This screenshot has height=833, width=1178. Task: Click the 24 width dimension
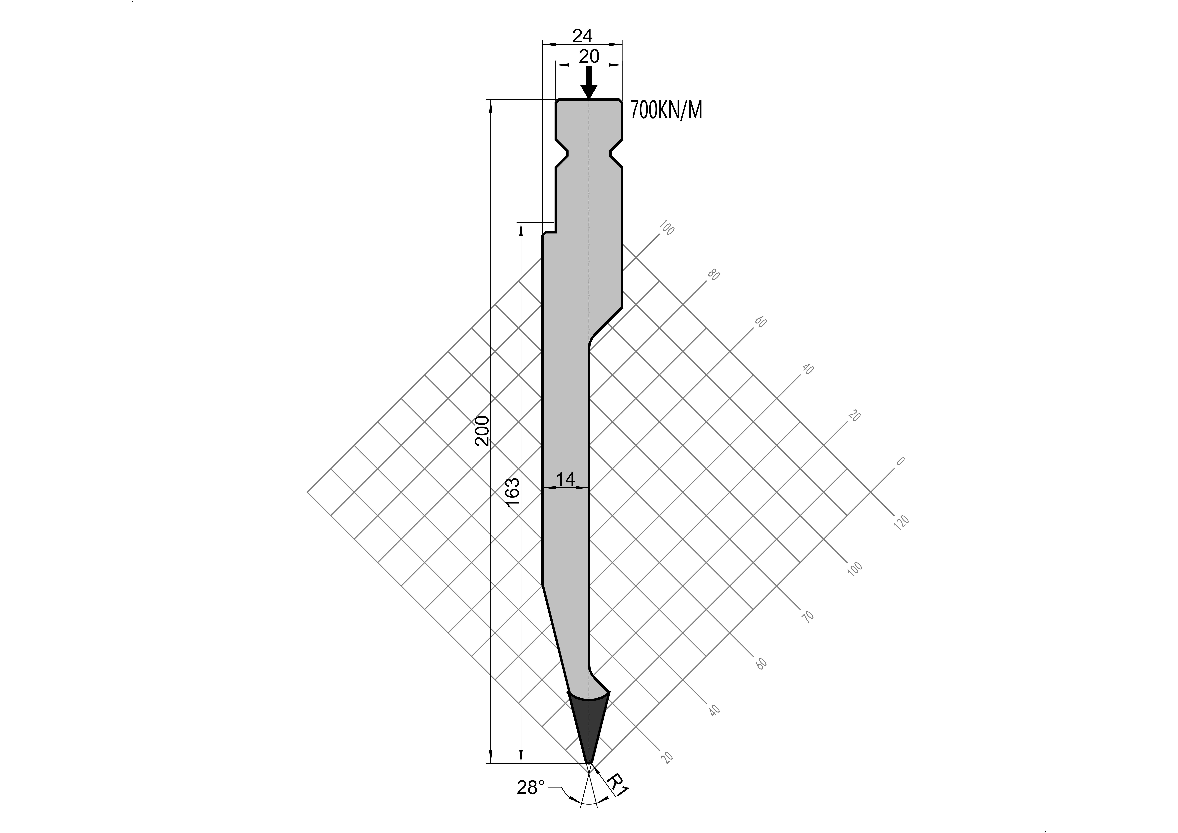pos(582,36)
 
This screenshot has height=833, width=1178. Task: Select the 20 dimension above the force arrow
pos(589,56)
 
